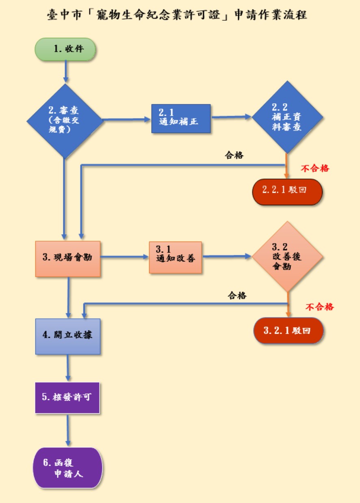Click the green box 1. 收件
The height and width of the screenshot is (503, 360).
click(65, 49)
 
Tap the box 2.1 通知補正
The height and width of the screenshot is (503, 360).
click(181, 119)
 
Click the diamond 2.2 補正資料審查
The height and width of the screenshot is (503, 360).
click(287, 117)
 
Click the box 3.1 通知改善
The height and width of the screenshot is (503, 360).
click(175, 257)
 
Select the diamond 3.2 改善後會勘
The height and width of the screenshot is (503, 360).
click(287, 257)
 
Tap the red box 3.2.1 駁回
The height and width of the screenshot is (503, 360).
click(288, 330)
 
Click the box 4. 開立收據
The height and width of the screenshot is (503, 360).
click(68, 336)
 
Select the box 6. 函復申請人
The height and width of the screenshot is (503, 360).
click(67, 468)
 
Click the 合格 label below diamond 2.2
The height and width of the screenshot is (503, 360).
click(234, 155)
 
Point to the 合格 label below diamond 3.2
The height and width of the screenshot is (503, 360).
click(237, 296)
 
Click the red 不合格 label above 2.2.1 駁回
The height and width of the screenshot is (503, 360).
click(314, 168)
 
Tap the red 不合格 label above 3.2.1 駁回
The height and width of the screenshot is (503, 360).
click(319, 307)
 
